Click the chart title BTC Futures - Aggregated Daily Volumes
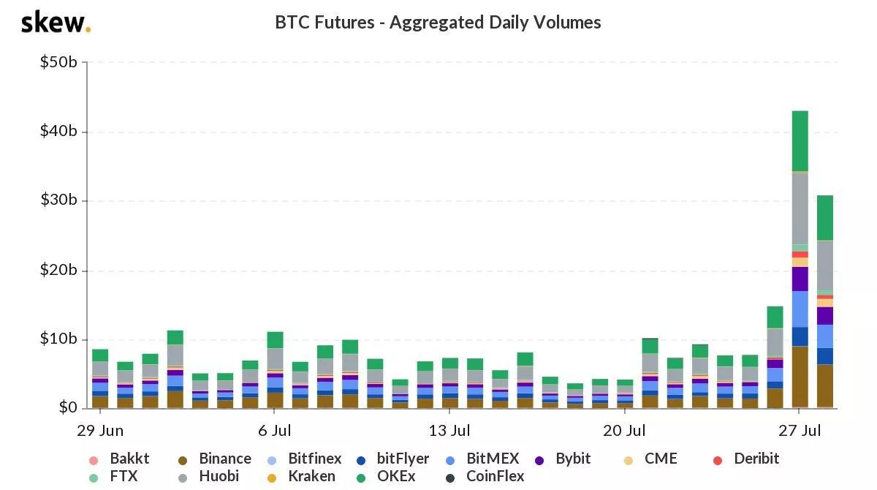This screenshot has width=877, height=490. click(x=438, y=23)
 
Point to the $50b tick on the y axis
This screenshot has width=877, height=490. click(x=58, y=62)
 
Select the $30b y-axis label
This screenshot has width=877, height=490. click(x=58, y=201)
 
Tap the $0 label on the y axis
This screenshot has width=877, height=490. click(x=68, y=408)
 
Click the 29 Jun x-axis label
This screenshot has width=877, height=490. click(x=100, y=430)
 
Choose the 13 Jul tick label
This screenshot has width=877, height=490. click(x=449, y=430)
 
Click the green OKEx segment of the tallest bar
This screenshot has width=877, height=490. click(x=800, y=141)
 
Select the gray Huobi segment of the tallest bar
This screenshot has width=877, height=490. click(x=800, y=208)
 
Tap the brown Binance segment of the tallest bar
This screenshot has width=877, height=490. click(x=800, y=377)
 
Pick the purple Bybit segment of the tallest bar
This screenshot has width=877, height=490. click(x=800, y=279)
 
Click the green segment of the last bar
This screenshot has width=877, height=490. click(x=824, y=218)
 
